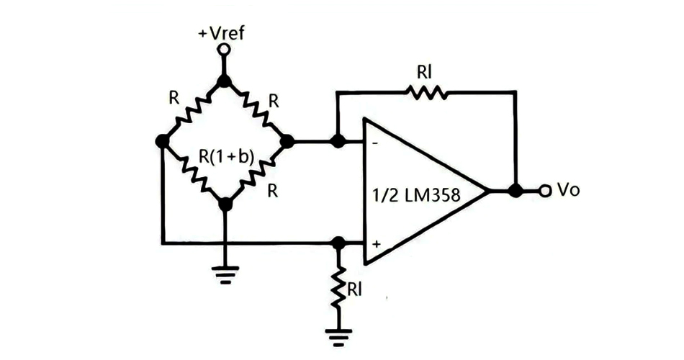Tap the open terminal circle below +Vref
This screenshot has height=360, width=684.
point(224,50)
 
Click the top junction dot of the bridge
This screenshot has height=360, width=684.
point(225,81)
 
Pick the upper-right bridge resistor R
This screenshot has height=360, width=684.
point(256,110)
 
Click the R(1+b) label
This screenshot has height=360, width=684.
point(226,156)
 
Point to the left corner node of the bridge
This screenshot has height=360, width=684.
point(162,142)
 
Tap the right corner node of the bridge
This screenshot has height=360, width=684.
point(287,142)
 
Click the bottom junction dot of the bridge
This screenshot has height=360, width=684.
point(225,204)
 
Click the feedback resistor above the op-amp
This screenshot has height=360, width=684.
point(427,91)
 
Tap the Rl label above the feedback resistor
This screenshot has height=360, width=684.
point(425,72)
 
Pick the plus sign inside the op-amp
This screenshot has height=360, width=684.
point(376,244)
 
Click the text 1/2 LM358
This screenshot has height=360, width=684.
point(416,195)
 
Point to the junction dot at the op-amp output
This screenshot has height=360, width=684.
point(515,191)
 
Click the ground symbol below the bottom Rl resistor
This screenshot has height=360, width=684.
point(337,333)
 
